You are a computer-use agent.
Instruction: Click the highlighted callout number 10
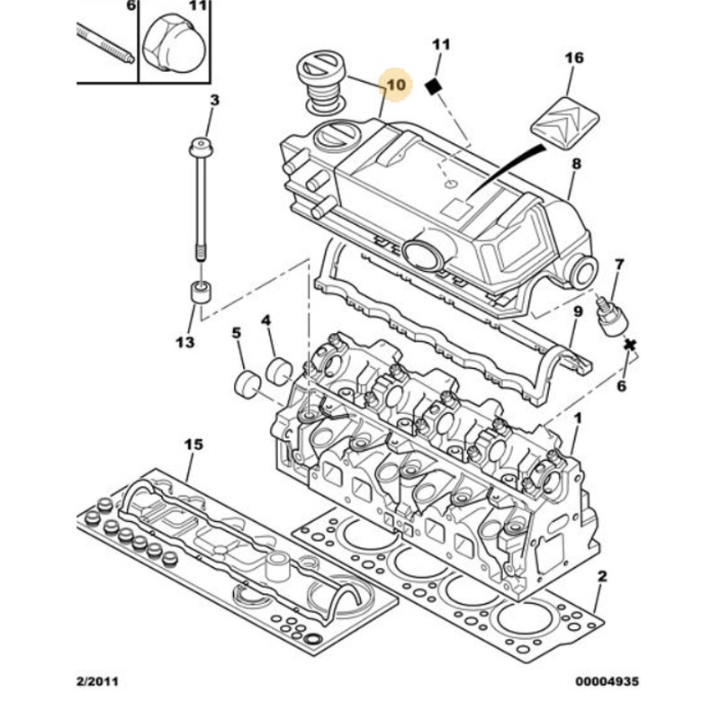(x=396, y=85)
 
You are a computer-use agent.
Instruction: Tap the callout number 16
(x=574, y=58)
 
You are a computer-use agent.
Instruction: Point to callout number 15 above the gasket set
(x=193, y=445)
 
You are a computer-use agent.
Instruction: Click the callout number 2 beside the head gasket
(x=602, y=576)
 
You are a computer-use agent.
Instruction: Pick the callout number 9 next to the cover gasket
(x=579, y=312)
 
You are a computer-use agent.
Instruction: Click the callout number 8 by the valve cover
(x=576, y=165)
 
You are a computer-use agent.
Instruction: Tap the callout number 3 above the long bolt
(x=214, y=101)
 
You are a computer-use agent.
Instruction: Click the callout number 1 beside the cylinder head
(x=578, y=418)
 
